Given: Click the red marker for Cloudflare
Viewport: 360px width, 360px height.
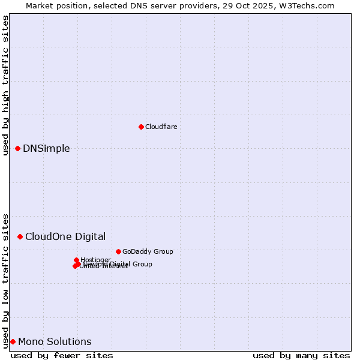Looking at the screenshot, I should pos(141,127).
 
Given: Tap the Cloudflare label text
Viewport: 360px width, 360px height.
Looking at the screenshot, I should pos(161,127).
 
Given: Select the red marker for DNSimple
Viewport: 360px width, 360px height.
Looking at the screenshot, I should pos(17,148).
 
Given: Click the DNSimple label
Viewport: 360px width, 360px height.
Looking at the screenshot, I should pos(46,149).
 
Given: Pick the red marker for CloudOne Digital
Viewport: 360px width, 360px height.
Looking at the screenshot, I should pos(20,236).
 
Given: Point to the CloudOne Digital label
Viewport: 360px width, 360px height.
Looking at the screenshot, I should pos(65,236).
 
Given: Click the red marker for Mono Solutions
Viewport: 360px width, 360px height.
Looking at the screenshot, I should pos(13,341).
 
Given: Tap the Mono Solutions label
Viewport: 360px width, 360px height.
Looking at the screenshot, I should pos(55,342).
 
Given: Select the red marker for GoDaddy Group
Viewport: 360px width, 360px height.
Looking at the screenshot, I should pos(118,251).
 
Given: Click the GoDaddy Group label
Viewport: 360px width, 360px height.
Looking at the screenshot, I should pos(148,251).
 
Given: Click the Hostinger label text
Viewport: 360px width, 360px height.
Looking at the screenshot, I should pos(95,260).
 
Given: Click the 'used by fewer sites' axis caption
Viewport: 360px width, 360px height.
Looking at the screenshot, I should pos(62,355).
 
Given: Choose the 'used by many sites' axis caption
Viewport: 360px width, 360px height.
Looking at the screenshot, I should pos(301,355).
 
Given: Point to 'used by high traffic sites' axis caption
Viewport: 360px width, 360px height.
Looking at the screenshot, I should pos(5,85).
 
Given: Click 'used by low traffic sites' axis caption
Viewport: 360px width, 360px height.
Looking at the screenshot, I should pos(5,280).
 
